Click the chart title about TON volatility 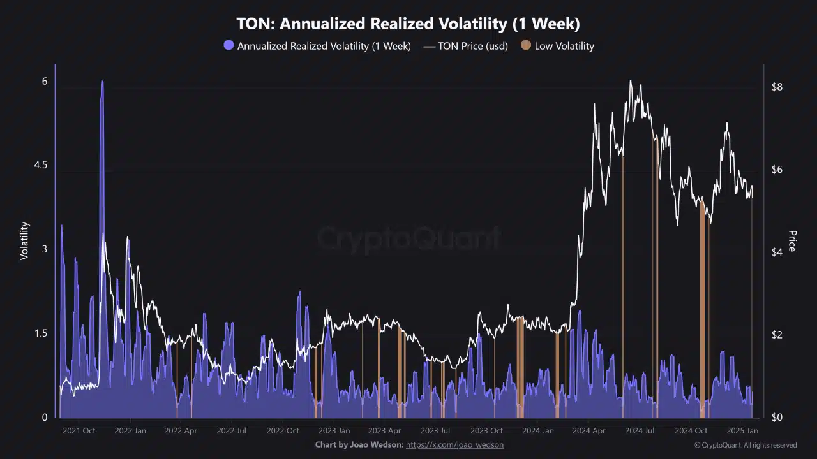coord(408,24)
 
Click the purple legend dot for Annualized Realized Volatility coord(229,46)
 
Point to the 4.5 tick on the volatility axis coord(40,166)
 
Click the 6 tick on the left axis coord(45,82)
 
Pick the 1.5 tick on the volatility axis coord(40,333)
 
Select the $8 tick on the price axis coord(777,87)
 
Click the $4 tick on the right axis coord(777,252)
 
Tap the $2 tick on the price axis coord(777,335)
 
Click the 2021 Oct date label coord(79,431)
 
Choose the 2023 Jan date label coord(334,431)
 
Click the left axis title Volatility coord(25,240)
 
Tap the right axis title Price coord(792,240)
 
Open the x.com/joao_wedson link coord(454,444)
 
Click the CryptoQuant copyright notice coord(746,445)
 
